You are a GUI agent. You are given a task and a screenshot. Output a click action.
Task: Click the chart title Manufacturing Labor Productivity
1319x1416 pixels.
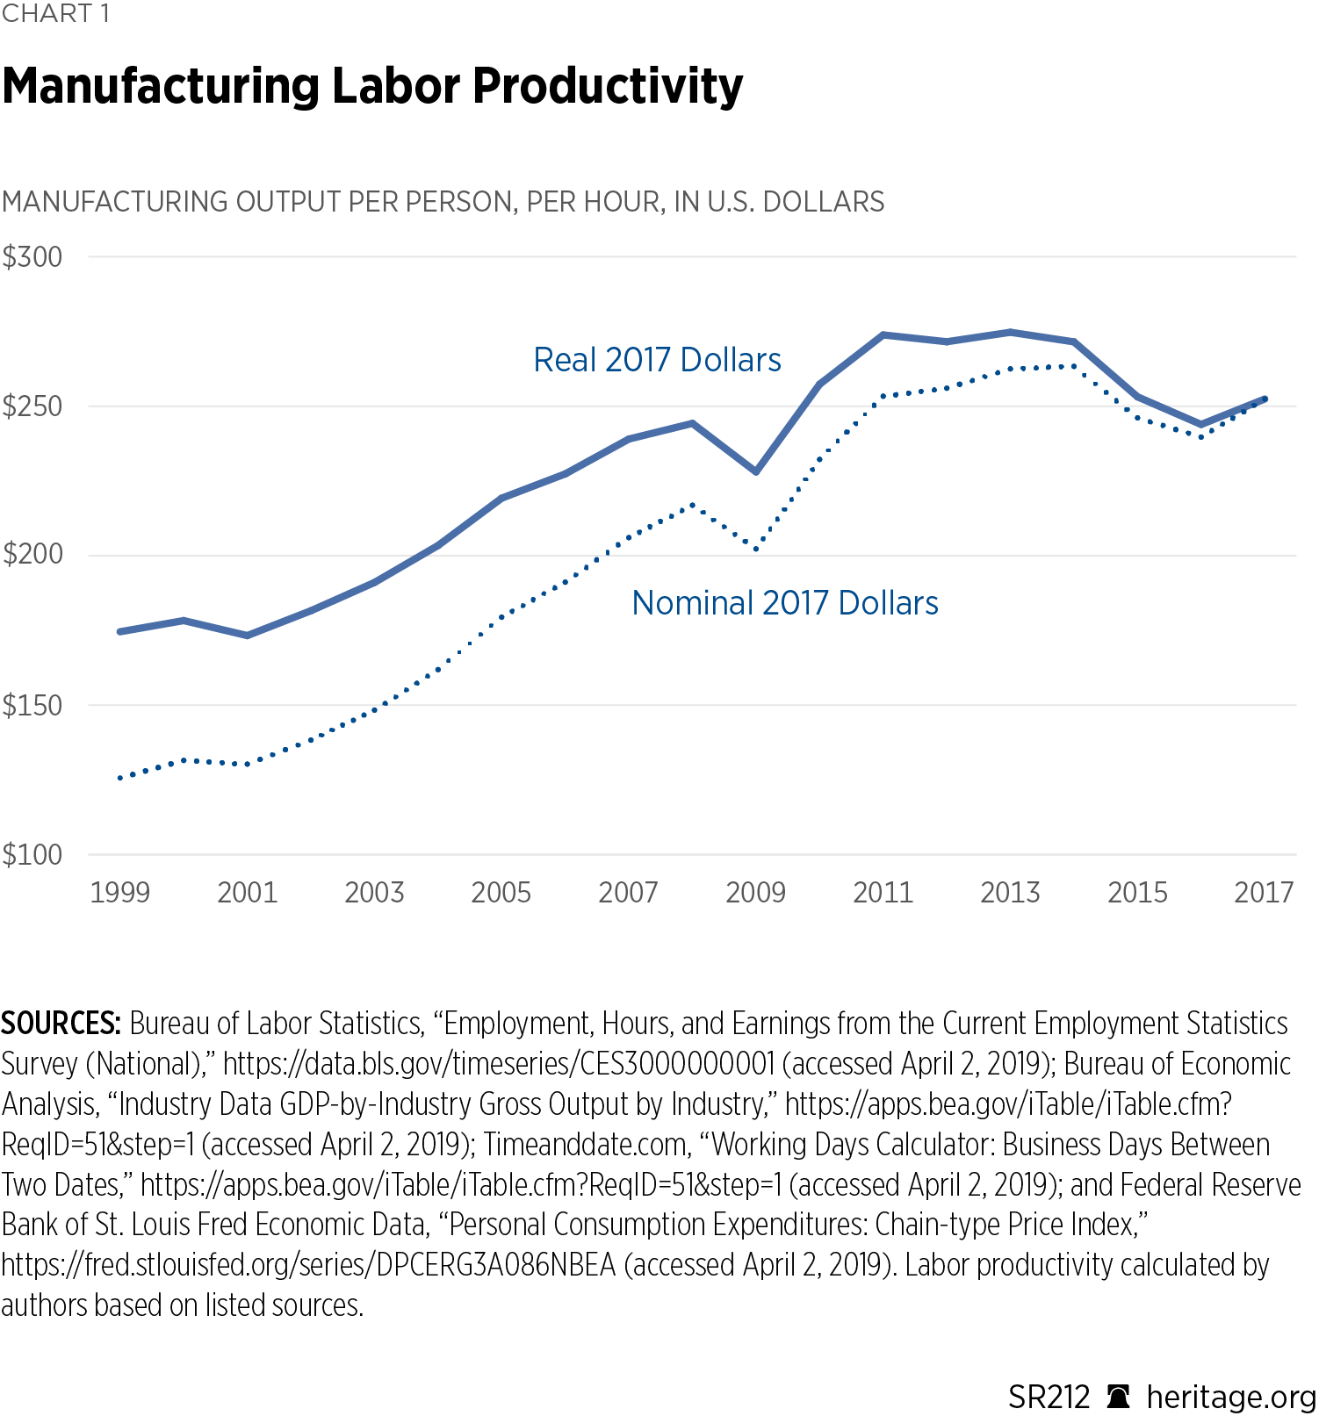pyautogui.click(x=372, y=86)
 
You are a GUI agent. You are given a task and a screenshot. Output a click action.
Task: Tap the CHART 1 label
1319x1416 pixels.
pyautogui.click(x=55, y=14)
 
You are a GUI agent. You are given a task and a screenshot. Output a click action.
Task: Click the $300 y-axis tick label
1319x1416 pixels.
pyautogui.click(x=32, y=257)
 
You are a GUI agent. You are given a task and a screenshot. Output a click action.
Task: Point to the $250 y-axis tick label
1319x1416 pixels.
pyautogui.click(x=32, y=406)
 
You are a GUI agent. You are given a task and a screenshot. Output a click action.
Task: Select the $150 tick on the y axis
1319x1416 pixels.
pyautogui.click(x=32, y=705)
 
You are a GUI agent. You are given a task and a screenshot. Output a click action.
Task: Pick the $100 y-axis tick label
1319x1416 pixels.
pyautogui.click(x=32, y=854)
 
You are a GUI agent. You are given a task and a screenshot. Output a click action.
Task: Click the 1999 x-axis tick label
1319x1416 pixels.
pyautogui.click(x=120, y=893)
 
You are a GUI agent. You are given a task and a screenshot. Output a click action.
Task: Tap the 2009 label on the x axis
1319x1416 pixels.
pyautogui.click(x=755, y=893)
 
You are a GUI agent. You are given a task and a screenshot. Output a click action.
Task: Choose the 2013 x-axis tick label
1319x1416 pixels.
pyautogui.click(x=1010, y=893)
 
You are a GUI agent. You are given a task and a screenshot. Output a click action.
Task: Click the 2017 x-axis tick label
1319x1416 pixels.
pyautogui.click(x=1264, y=893)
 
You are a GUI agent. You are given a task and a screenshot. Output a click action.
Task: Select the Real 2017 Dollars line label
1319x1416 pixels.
pyautogui.click(x=657, y=360)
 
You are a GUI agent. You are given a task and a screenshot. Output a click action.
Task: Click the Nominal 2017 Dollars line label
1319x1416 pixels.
pyautogui.click(x=785, y=603)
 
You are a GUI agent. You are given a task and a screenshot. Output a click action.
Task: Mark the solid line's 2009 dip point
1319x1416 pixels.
pyautogui.click(x=756, y=471)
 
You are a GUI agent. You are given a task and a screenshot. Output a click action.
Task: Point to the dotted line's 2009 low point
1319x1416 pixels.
pyautogui.click(x=756, y=549)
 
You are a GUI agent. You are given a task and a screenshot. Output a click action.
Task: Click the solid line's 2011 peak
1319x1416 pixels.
pyautogui.click(x=883, y=334)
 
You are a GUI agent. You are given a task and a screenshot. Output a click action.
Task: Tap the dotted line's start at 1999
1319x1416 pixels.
pyautogui.click(x=120, y=778)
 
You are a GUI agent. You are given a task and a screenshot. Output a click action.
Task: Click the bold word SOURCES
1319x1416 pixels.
pyautogui.click(x=61, y=1024)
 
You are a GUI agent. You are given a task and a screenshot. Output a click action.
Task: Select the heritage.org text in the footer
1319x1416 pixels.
pyautogui.click(x=1231, y=1396)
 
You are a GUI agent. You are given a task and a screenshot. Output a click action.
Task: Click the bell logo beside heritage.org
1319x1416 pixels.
pyautogui.click(x=1119, y=1396)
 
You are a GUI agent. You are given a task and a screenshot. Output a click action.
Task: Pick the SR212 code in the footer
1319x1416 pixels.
pyautogui.click(x=1049, y=1396)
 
